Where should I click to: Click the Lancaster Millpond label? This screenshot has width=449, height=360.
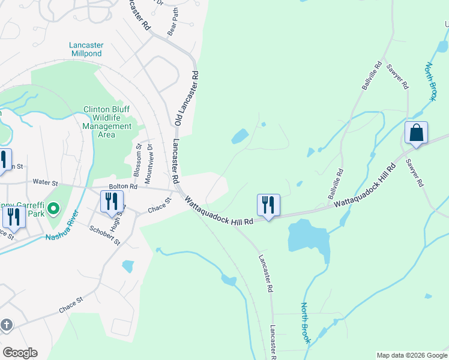[86, 49]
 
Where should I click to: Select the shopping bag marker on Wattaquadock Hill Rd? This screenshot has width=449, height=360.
[416, 133]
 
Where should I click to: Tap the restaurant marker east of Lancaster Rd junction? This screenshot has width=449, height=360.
[268, 205]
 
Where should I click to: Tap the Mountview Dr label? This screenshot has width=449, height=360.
[150, 159]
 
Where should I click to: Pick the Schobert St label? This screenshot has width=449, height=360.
[105, 235]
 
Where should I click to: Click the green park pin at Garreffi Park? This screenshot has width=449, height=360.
[53, 209]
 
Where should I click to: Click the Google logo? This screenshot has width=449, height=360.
[20, 353]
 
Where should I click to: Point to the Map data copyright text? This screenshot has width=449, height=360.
[411, 355]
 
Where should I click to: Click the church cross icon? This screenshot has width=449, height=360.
[6, 325]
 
